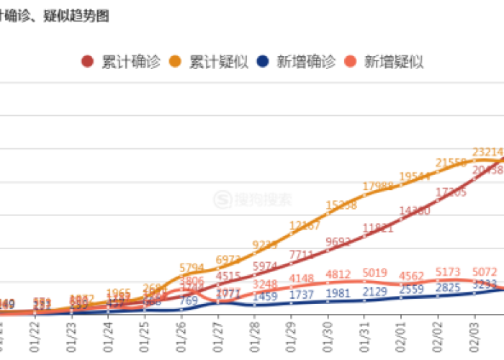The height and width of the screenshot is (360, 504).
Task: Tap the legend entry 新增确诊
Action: pyautogui.click(x=303, y=61)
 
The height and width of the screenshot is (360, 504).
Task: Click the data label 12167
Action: pyautogui.click(x=305, y=226)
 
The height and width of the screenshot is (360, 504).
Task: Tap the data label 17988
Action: pyautogui.click(x=378, y=186)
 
